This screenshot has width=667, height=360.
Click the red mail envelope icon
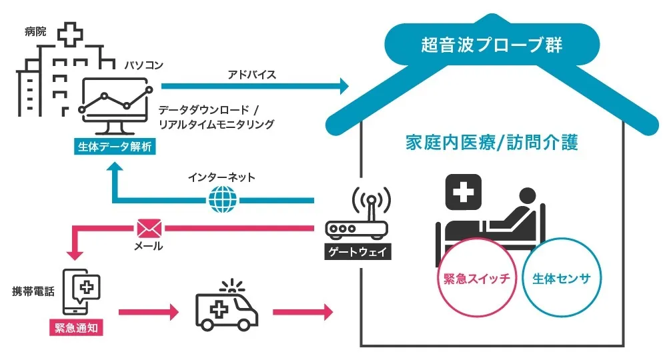[x=149, y=229]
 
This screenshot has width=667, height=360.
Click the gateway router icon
[x=356, y=217]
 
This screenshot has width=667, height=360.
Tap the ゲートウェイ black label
[x=356, y=253]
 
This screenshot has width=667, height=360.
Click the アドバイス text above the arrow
[x=251, y=73]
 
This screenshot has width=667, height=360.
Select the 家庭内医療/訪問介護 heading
[x=491, y=143]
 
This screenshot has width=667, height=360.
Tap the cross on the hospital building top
[x=67, y=35]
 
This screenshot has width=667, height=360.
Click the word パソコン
[x=143, y=65]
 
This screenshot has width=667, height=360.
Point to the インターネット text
[x=222, y=179]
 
